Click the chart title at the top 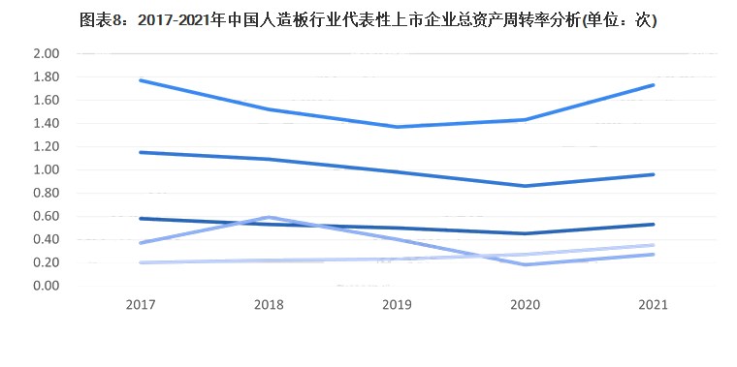[x=368, y=19]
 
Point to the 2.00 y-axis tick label [x=47, y=53]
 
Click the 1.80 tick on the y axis [x=47, y=76]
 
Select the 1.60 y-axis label [x=47, y=100]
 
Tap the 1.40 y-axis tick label [x=47, y=123]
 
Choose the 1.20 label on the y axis [x=47, y=146]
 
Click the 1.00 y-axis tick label [x=47, y=169]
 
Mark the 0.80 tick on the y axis [x=47, y=193]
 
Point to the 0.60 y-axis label [x=47, y=216]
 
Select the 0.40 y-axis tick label [x=47, y=239]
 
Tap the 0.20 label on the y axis [x=47, y=262]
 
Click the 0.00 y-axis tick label [x=47, y=286]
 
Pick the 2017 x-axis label [x=142, y=304]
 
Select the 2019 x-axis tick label [x=398, y=304]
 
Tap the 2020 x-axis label [x=526, y=304]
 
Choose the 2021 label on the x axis [x=654, y=304]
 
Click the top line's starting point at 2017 [x=142, y=80]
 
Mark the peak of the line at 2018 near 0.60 [x=268, y=217]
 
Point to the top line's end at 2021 [x=654, y=85]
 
